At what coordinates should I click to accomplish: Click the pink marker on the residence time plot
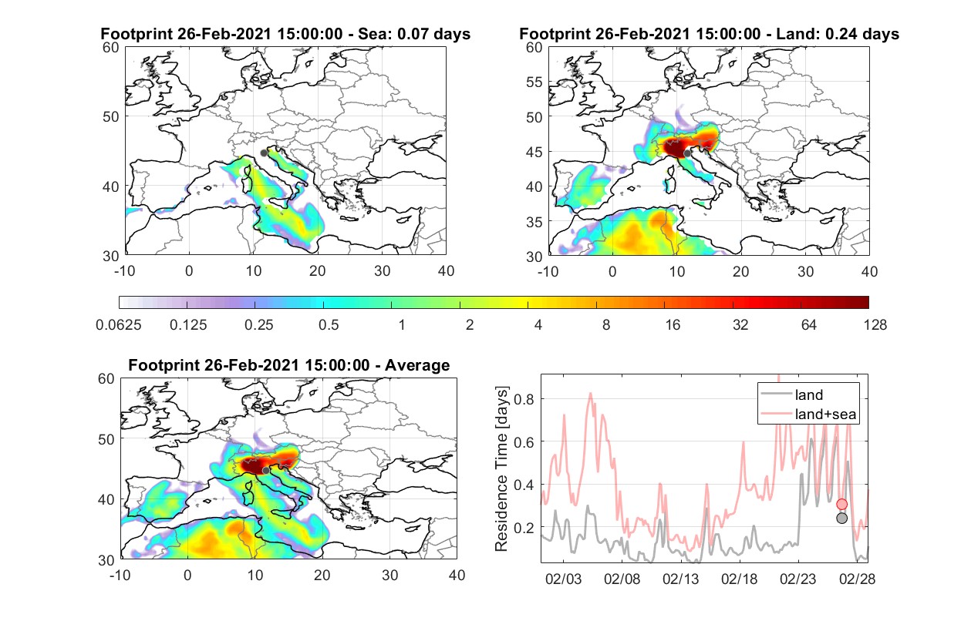(841, 504)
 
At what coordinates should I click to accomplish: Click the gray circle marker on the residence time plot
(841, 519)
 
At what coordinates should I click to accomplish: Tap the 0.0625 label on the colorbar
(119, 325)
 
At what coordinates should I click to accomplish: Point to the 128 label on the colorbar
(875, 325)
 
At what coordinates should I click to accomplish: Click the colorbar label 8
(605, 325)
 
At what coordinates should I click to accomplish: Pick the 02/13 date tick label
(680, 579)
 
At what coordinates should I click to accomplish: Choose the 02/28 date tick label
(857, 579)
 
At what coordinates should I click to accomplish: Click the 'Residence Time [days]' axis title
(501, 469)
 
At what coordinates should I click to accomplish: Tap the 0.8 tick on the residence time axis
(524, 399)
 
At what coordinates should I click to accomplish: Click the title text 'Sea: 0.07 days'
(414, 34)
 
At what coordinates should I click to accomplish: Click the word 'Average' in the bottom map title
(417, 365)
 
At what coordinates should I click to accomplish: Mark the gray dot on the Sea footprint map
(264, 153)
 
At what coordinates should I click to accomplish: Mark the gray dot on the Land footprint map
(687, 153)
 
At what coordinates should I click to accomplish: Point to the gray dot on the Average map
(266, 471)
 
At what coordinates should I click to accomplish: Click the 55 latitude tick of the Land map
(534, 82)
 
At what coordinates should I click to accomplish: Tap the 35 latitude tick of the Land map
(534, 222)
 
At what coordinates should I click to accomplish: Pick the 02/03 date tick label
(563, 579)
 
